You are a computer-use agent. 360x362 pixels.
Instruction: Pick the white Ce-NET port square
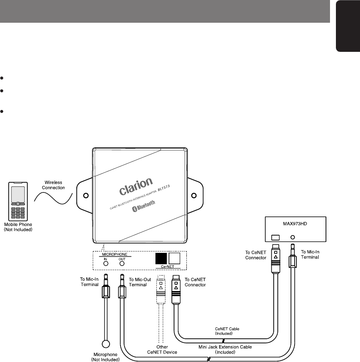pos(175,259)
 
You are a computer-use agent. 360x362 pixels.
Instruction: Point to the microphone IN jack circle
pos(105,263)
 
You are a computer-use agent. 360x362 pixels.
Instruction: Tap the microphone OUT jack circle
pos(122,263)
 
